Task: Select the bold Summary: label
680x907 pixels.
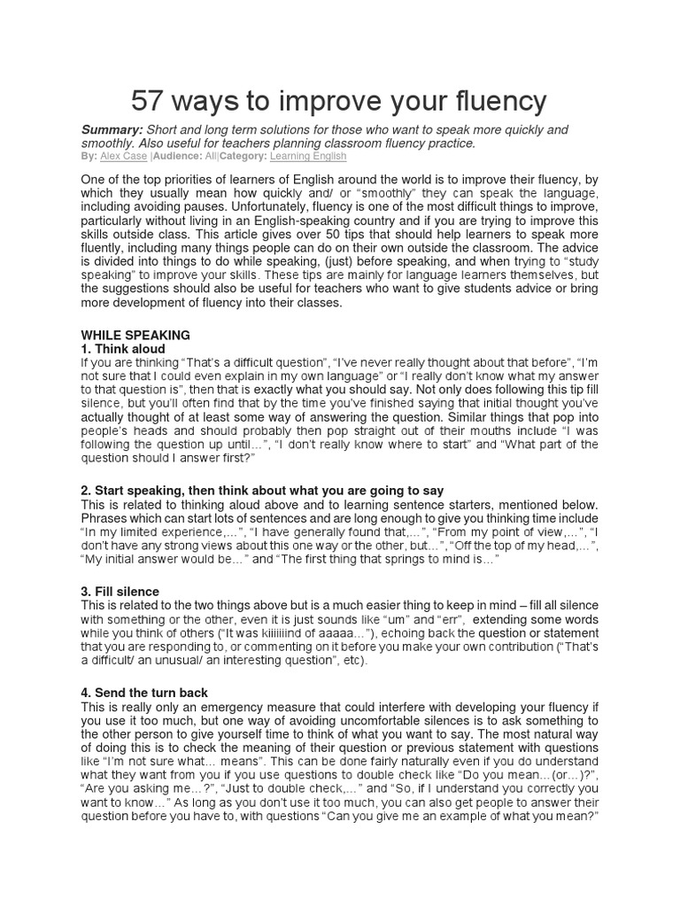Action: (x=111, y=130)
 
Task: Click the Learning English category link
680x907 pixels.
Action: (x=308, y=156)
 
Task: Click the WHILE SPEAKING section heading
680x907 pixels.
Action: (x=135, y=336)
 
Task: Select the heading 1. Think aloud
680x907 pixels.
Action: (x=123, y=349)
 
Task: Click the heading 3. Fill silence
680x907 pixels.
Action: (x=121, y=592)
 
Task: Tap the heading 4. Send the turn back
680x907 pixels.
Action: (x=144, y=692)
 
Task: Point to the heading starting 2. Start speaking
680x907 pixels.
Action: (x=262, y=491)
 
